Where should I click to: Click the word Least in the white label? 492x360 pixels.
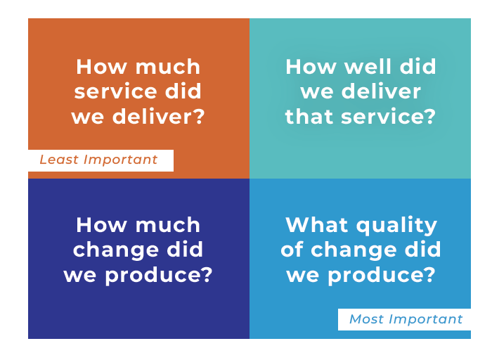point(58,160)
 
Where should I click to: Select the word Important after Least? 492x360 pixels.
point(120,160)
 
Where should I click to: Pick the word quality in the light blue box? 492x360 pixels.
point(396,226)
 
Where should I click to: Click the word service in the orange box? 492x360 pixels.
point(115,91)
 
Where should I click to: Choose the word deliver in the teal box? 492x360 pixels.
point(381,91)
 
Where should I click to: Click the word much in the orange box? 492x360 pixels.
point(168,67)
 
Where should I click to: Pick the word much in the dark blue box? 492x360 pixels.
point(168,225)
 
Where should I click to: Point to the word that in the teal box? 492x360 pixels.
point(309,117)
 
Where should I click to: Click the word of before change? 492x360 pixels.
point(292,250)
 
